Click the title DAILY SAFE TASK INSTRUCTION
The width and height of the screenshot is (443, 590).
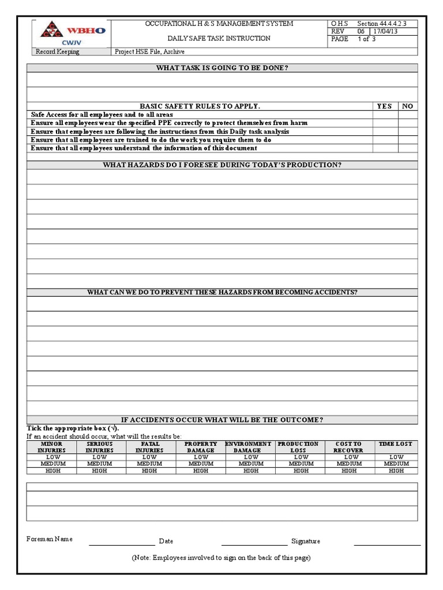(219, 39)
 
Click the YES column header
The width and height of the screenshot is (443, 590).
(384, 106)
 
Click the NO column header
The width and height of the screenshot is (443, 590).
(407, 106)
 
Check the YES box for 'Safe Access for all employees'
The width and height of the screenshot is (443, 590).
(384, 115)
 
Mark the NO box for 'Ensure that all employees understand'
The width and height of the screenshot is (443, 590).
(407, 148)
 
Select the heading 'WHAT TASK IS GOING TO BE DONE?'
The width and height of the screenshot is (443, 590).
(222, 68)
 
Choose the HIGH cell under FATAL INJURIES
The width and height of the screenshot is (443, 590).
(149, 471)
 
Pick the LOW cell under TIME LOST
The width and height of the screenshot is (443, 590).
(396, 457)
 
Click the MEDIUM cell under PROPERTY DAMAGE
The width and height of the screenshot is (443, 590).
(201, 464)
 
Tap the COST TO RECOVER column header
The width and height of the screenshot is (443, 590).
(348, 447)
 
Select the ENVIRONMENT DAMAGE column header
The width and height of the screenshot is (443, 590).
(248, 447)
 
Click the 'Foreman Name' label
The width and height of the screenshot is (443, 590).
(50, 539)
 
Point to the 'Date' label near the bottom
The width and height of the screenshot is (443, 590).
(166, 542)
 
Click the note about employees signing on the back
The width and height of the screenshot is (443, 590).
(221, 558)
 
